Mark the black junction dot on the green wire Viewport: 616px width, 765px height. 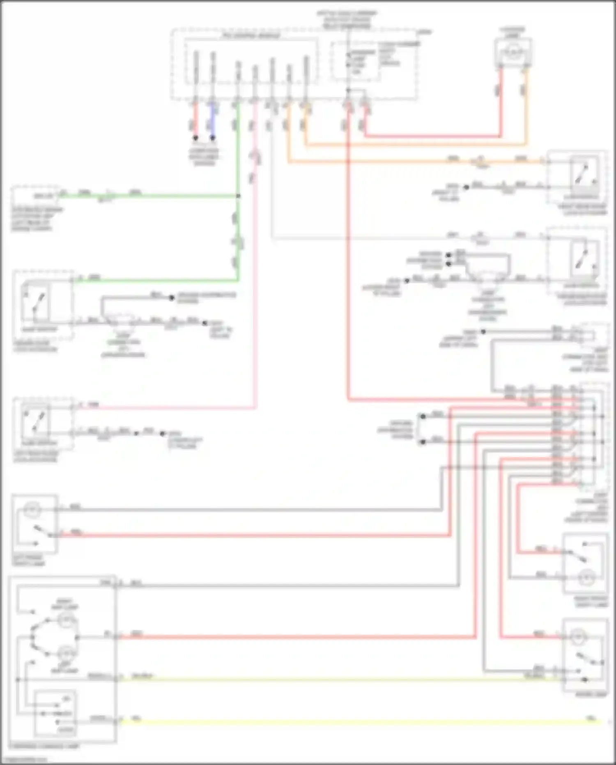tap(238, 196)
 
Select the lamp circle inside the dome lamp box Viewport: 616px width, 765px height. tap(579, 637)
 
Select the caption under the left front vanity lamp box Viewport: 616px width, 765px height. tap(29, 561)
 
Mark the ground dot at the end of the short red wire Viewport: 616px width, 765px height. tap(196, 138)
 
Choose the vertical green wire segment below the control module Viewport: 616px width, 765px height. tap(238, 156)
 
